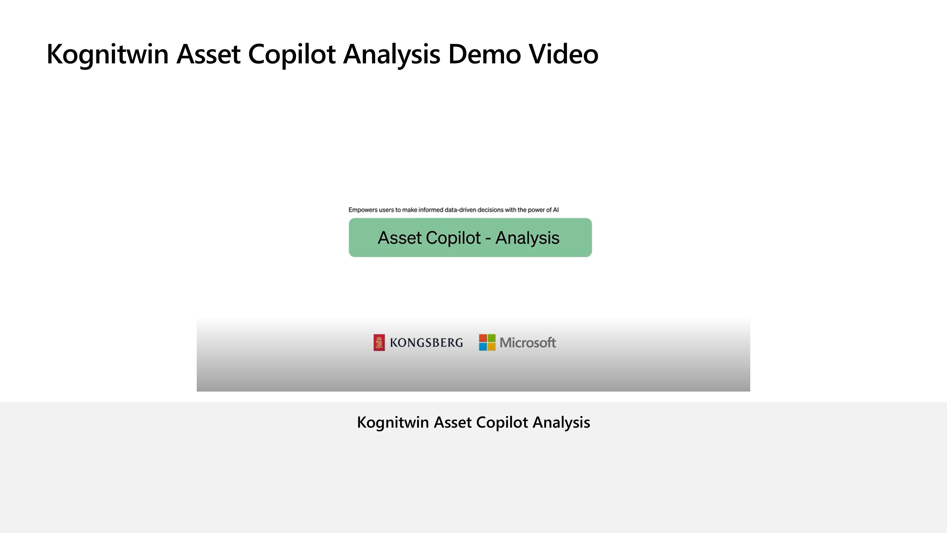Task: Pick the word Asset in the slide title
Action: tap(208, 54)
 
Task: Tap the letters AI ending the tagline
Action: tap(556, 210)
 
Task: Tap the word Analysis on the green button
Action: tap(527, 238)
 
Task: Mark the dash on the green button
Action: tap(488, 239)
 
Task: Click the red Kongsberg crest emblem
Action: tap(379, 343)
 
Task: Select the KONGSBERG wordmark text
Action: tap(426, 343)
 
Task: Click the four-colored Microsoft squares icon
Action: tap(487, 343)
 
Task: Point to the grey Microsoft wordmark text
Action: tap(527, 343)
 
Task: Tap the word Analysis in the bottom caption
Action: tap(561, 423)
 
